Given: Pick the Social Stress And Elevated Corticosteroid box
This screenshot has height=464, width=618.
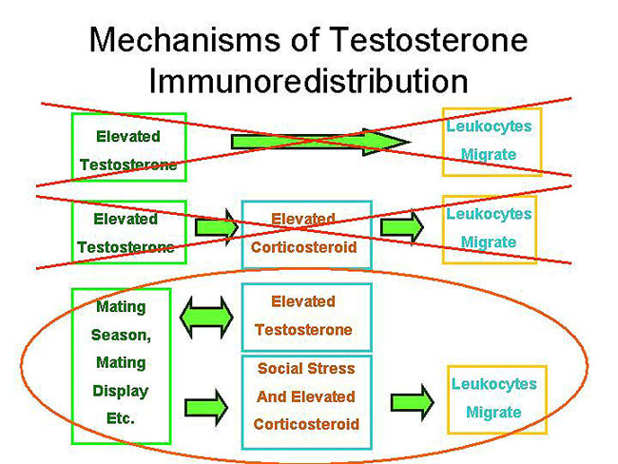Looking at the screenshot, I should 306,396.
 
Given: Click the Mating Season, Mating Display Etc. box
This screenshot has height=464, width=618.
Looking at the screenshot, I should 121,364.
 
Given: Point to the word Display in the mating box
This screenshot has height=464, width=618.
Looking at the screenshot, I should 121,391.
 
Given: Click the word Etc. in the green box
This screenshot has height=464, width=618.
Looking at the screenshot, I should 121,417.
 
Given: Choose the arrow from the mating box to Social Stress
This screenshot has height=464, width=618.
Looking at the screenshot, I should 209,403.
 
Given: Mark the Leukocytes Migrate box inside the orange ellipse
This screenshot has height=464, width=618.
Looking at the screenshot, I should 492,397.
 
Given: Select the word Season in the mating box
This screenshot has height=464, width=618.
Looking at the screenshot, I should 121,336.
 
